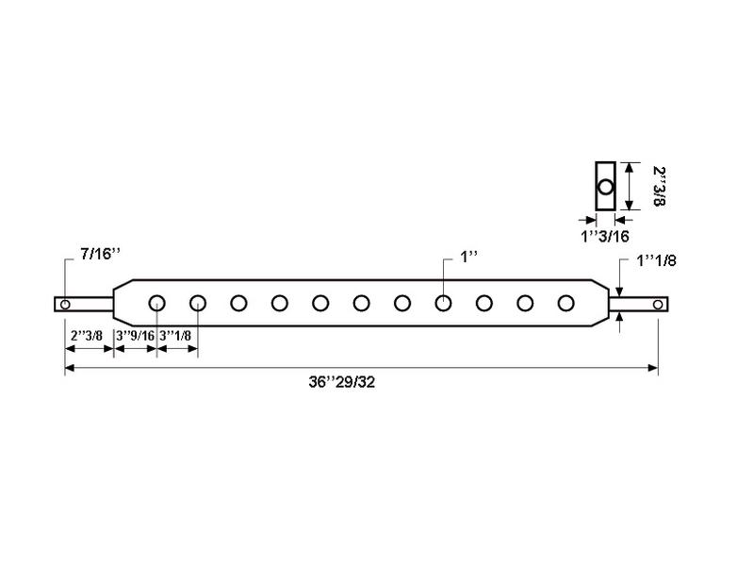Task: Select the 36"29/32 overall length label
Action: click(x=348, y=383)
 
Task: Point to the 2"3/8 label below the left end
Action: click(x=87, y=335)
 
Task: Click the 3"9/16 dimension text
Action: click(x=135, y=335)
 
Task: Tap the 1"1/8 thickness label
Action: click(x=656, y=259)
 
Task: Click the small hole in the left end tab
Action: click(x=65, y=304)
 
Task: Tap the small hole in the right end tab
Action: click(x=658, y=304)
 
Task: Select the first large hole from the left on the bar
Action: click(x=157, y=303)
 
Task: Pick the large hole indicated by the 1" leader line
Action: click(x=443, y=303)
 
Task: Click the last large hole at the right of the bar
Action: click(x=565, y=303)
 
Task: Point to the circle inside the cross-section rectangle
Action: click(x=605, y=187)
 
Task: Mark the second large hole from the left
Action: click(x=198, y=303)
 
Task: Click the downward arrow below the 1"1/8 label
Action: click(x=619, y=289)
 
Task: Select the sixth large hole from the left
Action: click(x=362, y=303)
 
